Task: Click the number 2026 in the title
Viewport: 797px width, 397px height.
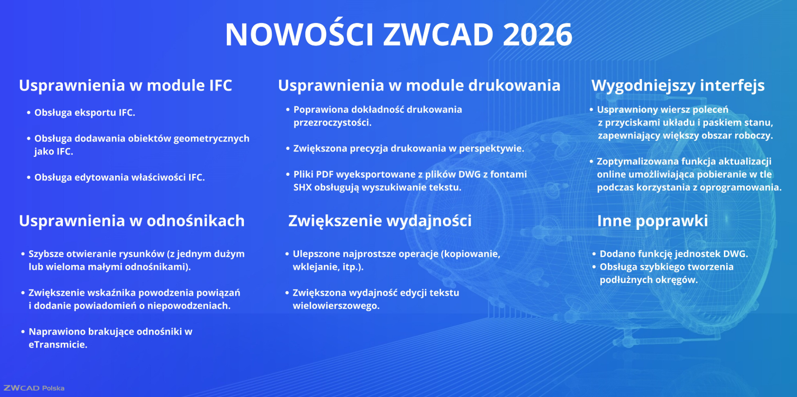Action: click(538, 35)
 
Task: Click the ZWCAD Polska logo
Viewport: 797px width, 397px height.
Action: click(34, 388)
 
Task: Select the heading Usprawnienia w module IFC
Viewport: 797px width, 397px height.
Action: click(126, 85)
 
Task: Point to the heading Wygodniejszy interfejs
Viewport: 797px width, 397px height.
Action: click(678, 86)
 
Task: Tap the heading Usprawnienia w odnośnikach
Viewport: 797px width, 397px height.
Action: click(132, 221)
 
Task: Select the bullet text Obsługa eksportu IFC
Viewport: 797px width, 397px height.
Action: click(85, 113)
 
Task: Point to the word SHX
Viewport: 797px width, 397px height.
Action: click(302, 188)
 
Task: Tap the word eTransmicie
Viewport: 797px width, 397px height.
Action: click(58, 345)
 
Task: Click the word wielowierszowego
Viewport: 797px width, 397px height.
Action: click(336, 306)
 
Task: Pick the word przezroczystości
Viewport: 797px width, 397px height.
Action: click(332, 123)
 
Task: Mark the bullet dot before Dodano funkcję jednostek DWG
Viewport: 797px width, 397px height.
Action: click(594, 254)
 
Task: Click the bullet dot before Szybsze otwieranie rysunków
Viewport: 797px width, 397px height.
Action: click(23, 254)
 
